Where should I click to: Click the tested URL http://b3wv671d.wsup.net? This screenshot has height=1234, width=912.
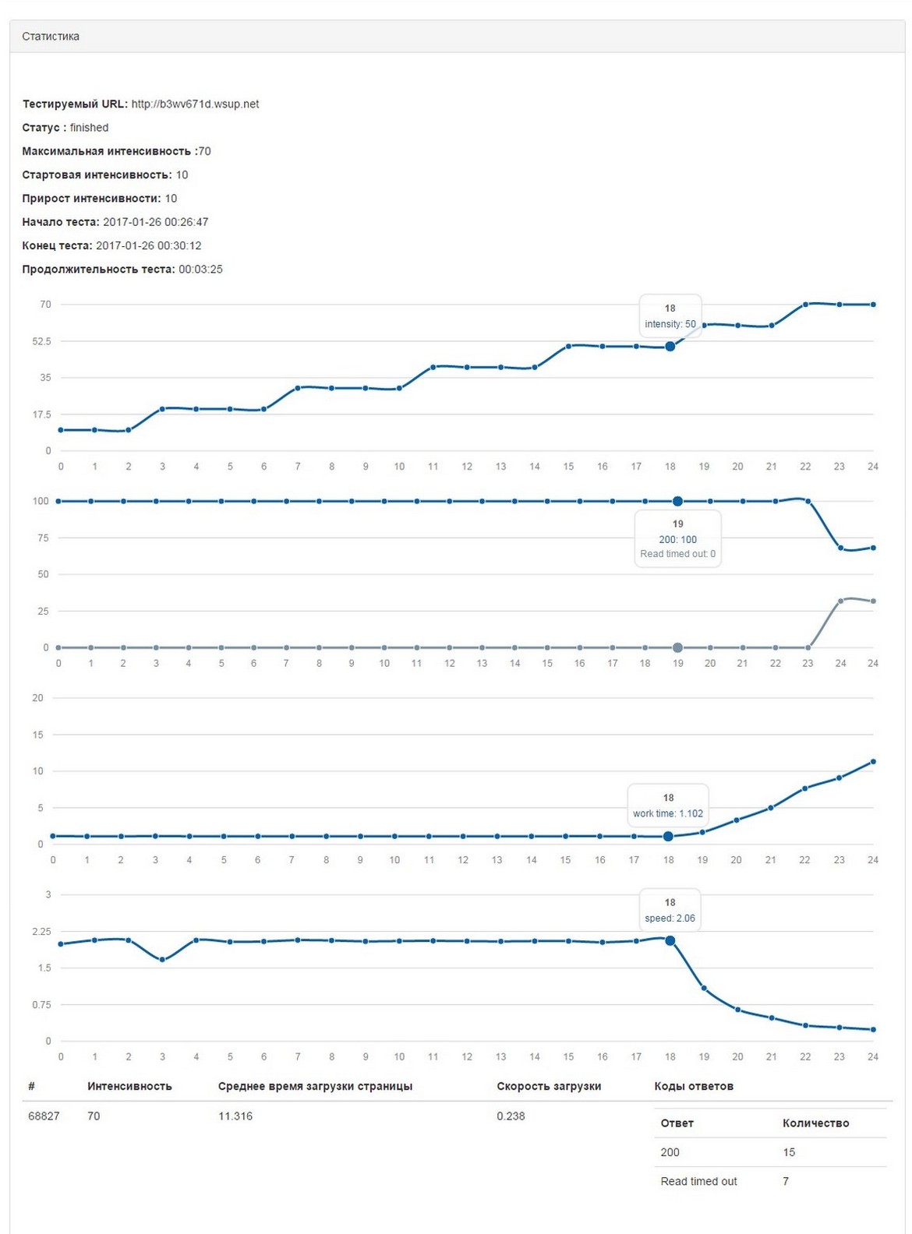[x=195, y=104]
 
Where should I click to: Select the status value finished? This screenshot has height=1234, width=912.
[x=89, y=128]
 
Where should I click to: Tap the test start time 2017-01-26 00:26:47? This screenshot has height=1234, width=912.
[x=156, y=222]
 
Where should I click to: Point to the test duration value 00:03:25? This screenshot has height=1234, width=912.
[x=200, y=270]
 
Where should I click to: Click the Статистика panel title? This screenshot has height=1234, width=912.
[x=51, y=37]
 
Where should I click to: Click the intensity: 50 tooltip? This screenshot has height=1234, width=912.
[x=670, y=316]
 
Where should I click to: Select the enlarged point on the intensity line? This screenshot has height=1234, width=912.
[x=670, y=347]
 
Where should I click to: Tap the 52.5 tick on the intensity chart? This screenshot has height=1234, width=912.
[x=41, y=341]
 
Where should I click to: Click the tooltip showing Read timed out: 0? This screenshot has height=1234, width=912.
[x=677, y=539]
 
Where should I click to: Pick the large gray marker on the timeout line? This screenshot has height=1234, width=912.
[x=677, y=647]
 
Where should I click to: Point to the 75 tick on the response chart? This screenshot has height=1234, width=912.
[x=43, y=538]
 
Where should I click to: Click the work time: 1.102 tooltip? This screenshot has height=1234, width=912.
[x=668, y=806]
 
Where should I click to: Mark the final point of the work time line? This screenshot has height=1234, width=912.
[x=873, y=761]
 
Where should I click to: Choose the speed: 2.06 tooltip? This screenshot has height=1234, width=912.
[x=670, y=911]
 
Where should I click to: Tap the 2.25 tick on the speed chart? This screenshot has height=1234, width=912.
[x=41, y=932]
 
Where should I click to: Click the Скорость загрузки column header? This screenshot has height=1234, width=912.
[x=549, y=1086]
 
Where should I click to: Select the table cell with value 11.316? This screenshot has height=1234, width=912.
[x=235, y=1116]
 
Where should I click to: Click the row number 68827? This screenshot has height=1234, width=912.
[x=44, y=1116]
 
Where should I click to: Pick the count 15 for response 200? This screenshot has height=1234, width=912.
[x=789, y=1152]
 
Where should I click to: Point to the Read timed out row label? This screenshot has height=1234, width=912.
[x=698, y=1182]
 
